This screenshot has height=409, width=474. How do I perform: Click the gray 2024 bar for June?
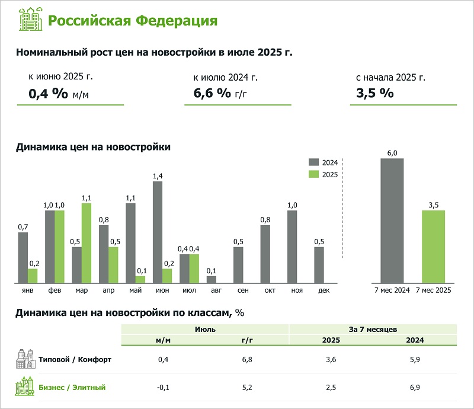coord(158,232)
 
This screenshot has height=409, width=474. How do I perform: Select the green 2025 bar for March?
coord(87,243)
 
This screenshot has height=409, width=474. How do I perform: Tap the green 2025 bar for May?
coord(140,279)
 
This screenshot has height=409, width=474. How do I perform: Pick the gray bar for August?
coord(212,279)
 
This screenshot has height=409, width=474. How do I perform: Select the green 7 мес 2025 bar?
coord(433,247)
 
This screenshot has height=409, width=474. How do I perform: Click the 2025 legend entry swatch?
coord(314,174)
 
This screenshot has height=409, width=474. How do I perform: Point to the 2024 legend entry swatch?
coord(314,162)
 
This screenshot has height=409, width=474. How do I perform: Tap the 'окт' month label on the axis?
coord(265,290)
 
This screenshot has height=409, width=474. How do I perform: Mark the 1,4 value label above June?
coord(158,176)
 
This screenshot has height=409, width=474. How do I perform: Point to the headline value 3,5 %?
coord(374,93)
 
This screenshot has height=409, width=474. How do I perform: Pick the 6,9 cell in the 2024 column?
coord(414,387)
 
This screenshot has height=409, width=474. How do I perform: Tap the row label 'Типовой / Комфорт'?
coord(75,359)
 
